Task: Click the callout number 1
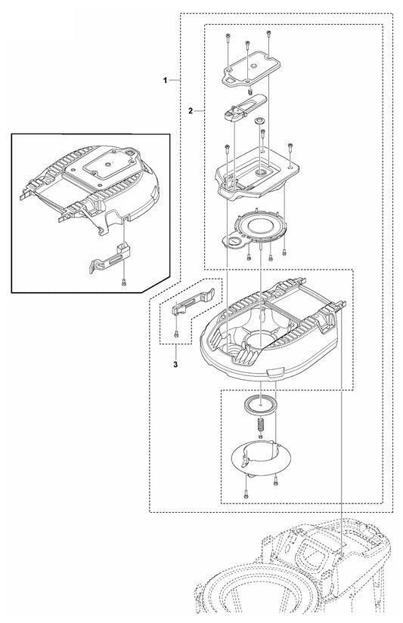[x=165, y=79]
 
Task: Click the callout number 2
[x=191, y=110]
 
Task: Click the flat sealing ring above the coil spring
[x=261, y=403]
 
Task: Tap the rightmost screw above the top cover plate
[x=270, y=34]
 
